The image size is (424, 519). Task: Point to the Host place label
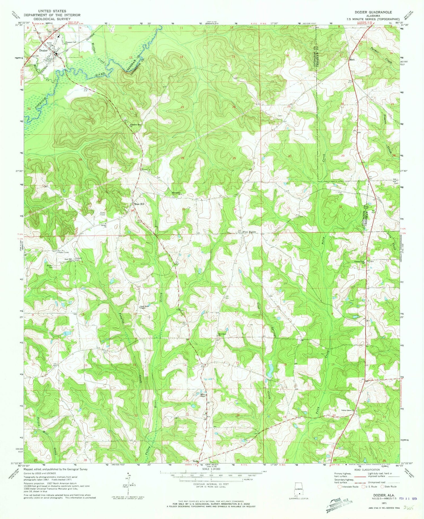pyautogui.click(x=352, y=60)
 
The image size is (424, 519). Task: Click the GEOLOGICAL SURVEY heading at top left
pyautogui.click(x=52, y=19)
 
